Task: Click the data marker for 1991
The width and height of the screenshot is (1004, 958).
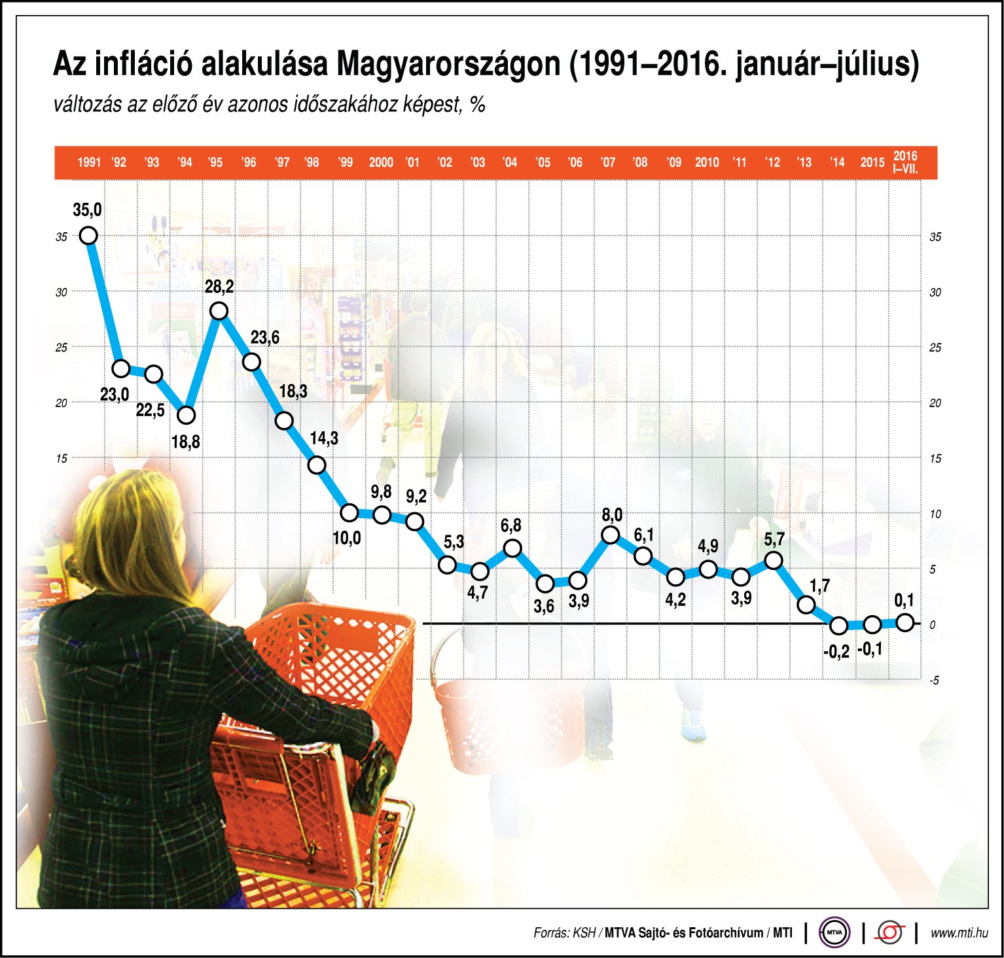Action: click(88, 236)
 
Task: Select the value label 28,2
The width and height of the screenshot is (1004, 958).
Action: click(219, 287)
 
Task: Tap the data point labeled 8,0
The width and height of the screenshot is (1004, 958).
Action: click(610, 535)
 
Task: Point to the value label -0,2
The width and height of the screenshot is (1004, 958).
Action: click(836, 651)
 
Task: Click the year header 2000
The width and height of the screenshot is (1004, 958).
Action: click(381, 162)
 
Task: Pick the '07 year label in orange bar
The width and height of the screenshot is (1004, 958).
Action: click(607, 162)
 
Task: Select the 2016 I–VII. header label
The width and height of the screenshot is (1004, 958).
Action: click(905, 162)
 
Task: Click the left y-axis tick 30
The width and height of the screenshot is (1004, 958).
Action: click(62, 293)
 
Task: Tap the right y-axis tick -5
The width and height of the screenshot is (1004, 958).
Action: click(934, 681)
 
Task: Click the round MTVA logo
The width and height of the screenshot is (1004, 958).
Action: click(834, 932)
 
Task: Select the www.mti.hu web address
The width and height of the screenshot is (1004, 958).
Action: click(959, 933)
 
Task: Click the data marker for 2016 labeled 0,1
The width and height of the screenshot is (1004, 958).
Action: click(905, 622)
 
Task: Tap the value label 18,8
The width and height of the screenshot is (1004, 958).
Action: click(185, 442)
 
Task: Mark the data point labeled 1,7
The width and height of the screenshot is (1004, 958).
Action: click(806, 605)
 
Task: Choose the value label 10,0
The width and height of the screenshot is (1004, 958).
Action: click(346, 539)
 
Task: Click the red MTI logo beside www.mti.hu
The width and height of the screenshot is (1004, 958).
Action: click(890, 932)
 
